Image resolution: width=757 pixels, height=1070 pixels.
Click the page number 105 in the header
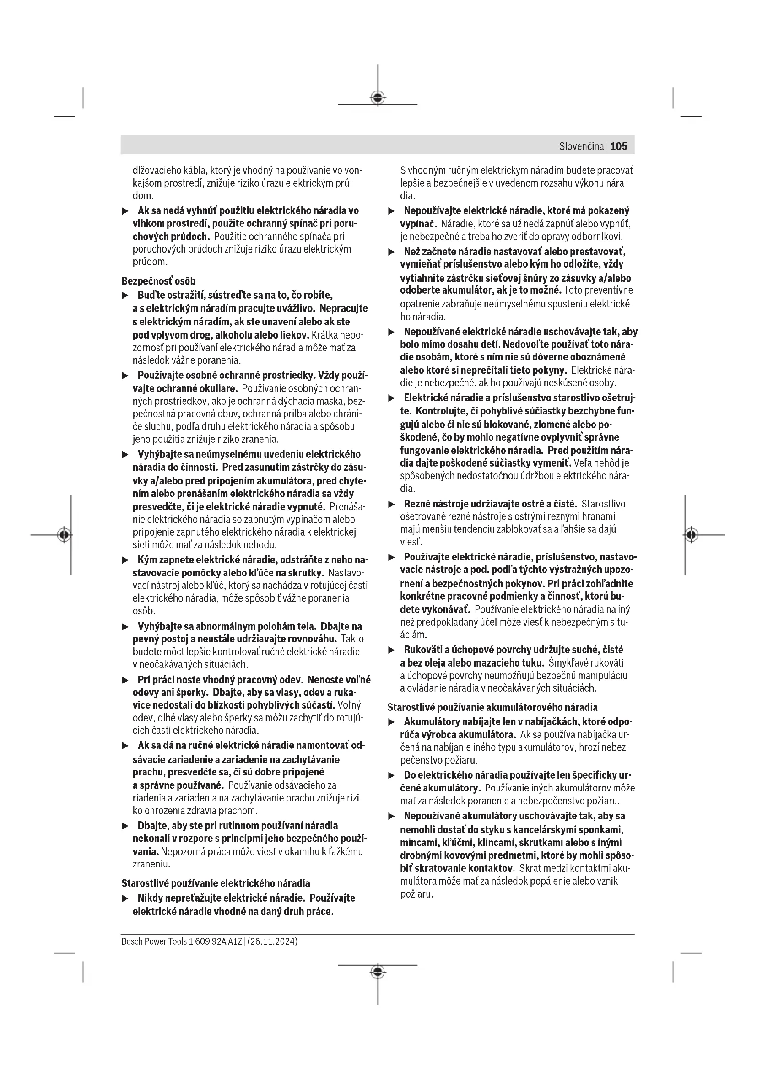pyautogui.click(x=619, y=146)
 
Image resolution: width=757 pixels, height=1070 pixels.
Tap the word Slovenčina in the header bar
pyautogui.click(x=581, y=146)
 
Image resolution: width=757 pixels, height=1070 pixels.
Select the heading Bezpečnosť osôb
pyautogui.click(x=158, y=281)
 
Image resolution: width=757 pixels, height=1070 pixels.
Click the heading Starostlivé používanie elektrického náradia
pyautogui.click(x=216, y=883)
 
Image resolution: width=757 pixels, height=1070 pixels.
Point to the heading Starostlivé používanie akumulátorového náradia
pyautogui.click(x=492, y=707)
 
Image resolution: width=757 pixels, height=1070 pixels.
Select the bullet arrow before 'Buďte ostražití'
pyautogui.click(x=125, y=296)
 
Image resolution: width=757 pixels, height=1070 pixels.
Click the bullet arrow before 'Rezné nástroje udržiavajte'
pyautogui.click(x=392, y=504)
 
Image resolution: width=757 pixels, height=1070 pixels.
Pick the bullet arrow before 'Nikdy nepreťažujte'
pyautogui.click(x=125, y=898)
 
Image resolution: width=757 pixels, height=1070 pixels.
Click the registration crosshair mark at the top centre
pyautogui.click(x=378, y=97)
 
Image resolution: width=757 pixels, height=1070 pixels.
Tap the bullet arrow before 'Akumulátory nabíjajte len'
pyautogui.click(x=392, y=722)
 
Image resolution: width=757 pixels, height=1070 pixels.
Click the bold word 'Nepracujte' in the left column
pyautogui.click(x=344, y=308)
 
